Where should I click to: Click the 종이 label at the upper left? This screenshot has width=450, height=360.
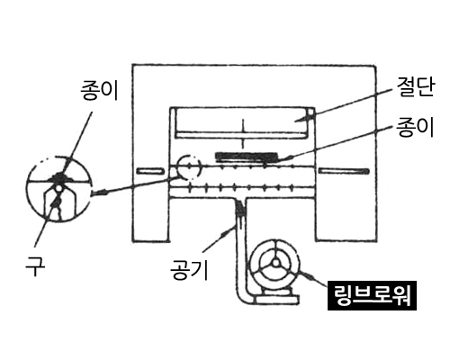(x=99, y=90)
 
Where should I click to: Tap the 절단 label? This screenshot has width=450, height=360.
(x=416, y=87)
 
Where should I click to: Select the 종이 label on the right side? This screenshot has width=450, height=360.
(x=415, y=127)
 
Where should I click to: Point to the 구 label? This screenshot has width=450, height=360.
(x=35, y=266)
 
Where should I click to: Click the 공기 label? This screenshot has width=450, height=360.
(x=189, y=270)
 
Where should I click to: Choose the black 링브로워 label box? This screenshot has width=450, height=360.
(x=372, y=295)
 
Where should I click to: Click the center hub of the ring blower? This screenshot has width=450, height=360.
(x=275, y=263)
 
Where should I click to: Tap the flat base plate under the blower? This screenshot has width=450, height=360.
(x=276, y=300)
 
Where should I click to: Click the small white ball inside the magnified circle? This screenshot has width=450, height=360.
(x=58, y=188)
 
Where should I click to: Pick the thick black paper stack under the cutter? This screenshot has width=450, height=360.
(x=247, y=156)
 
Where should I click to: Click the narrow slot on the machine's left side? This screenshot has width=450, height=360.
(x=150, y=171)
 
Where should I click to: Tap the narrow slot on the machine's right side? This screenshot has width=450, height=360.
(x=344, y=171)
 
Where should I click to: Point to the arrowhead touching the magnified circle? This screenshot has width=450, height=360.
(x=98, y=193)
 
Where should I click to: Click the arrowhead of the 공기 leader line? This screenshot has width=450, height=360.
(x=226, y=231)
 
